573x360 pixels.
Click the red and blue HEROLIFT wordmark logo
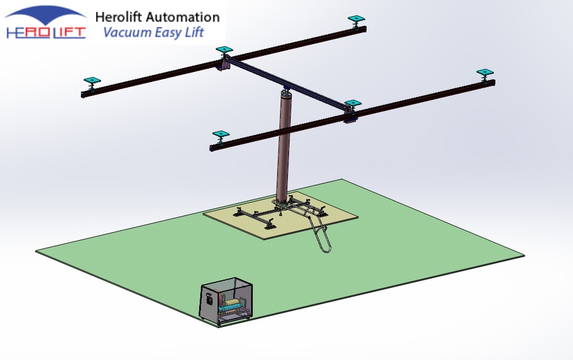[x=46, y=32]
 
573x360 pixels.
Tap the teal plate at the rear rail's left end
[x=92, y=81]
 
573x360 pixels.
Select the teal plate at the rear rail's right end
[x=357, y=20]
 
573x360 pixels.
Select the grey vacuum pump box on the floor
[x=227, y=301]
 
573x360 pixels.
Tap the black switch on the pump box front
[x=210, y=300]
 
